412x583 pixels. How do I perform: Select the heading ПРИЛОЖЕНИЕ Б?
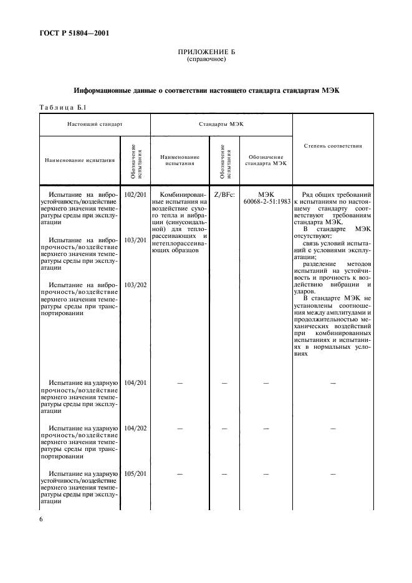206,52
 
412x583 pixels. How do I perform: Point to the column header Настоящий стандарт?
95,125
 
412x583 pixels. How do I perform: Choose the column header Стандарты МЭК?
221,125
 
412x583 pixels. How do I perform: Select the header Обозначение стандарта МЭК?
266,160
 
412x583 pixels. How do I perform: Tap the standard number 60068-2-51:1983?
266,202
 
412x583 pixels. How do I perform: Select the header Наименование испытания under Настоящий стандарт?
80,160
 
